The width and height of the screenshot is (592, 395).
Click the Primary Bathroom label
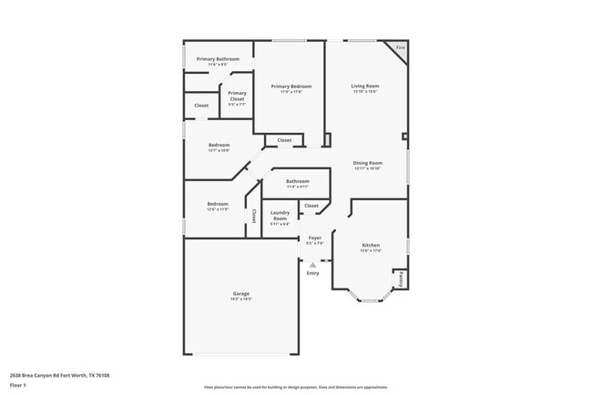[217, 59]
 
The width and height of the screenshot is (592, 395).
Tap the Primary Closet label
[237, 93]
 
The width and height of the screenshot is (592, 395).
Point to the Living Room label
[365, 86]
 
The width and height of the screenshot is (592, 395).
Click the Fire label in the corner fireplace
[399, 47]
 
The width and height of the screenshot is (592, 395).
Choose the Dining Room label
[367, 163]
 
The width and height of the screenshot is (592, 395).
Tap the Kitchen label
[371, 246]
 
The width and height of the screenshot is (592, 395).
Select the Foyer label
[314, 238]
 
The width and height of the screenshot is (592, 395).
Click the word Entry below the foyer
[313, 273]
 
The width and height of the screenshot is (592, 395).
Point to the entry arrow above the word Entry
[313, 265]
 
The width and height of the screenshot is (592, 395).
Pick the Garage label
[240, 293]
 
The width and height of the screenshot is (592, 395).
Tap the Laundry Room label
[280, 216]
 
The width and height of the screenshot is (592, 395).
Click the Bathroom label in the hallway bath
[298, 181]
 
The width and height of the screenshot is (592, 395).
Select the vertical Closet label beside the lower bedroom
[254, 217]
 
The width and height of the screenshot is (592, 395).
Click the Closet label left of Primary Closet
[201, 106]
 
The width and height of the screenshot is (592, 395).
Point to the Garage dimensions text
[240, 299]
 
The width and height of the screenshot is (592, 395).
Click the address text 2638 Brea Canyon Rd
[56, 374]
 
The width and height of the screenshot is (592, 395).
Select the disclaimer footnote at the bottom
[296, 387]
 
